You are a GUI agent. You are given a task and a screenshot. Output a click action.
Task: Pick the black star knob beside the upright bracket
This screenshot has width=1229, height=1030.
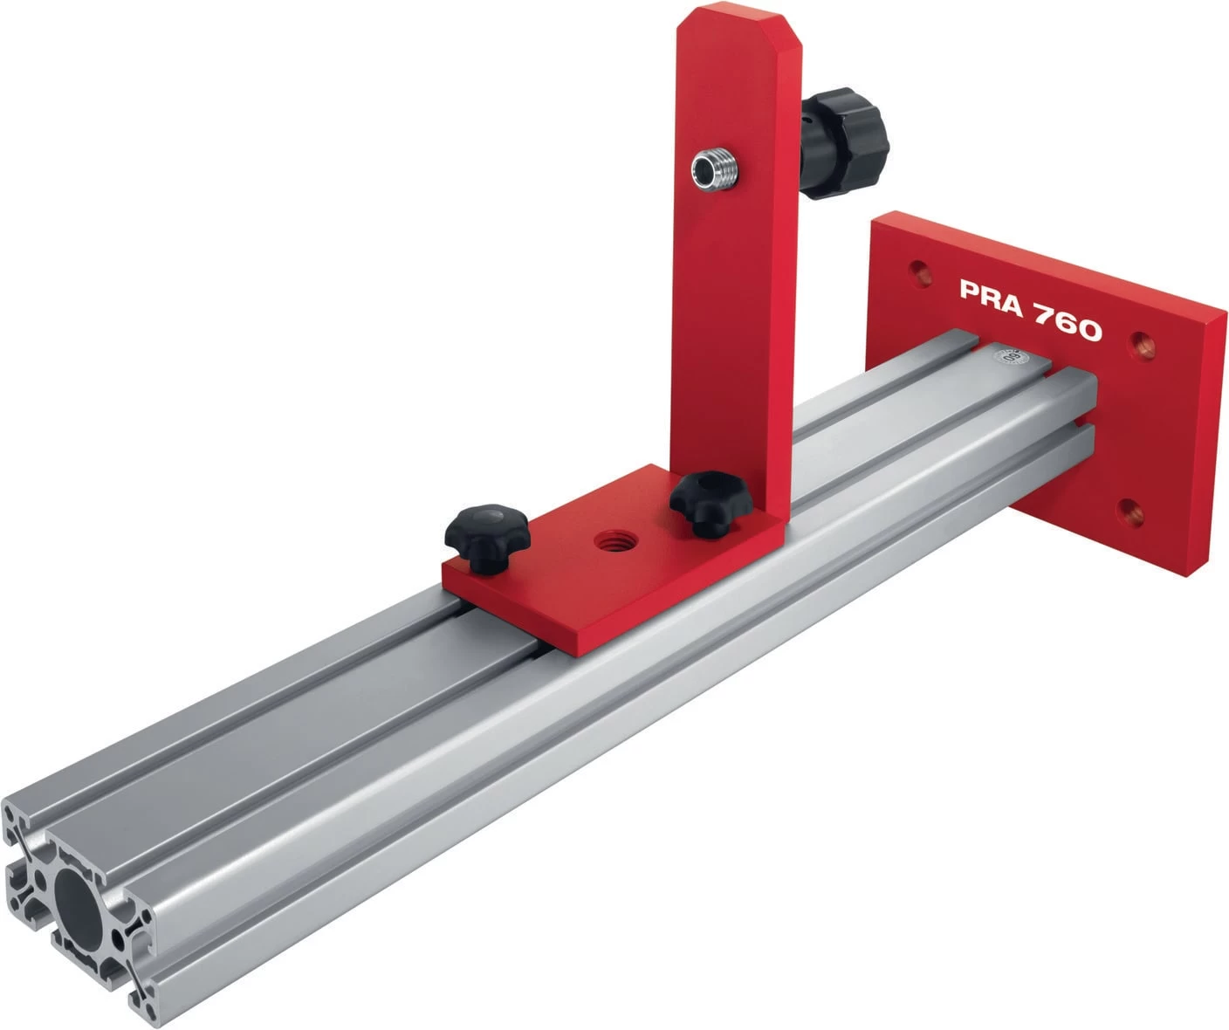pyautogui.click(x=705, y=499)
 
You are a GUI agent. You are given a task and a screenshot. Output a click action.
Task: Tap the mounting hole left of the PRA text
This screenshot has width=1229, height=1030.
pyautogui.click(x=917, y=267)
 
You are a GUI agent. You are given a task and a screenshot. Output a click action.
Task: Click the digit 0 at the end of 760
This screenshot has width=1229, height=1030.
pyautogui.click(x=1088, y=330)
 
